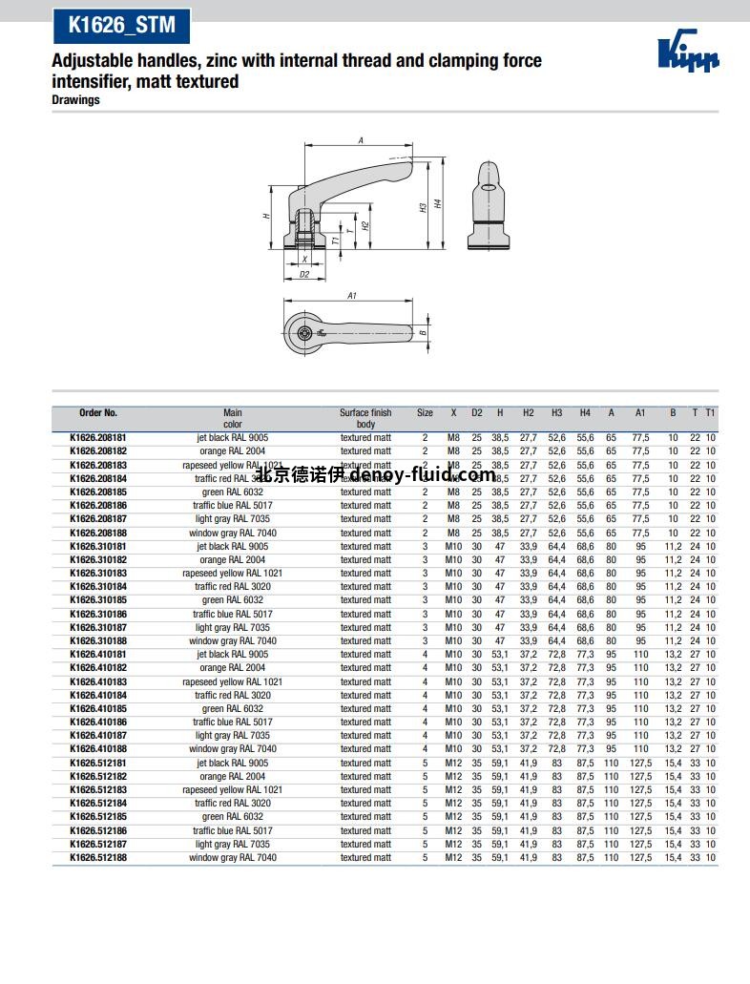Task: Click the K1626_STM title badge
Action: tap(121, 28)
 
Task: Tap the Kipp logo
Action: tap(688, 53)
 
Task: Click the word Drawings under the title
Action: tap(75, 100)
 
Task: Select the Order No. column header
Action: tap(98, 413)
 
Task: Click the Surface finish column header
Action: tap(365, 418)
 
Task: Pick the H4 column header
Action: tap(585, 413)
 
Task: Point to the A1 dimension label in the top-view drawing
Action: tap(351, 296)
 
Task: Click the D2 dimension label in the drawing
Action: tap(304, 274)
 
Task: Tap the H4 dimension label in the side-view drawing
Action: tap(437, 203)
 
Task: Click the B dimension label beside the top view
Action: tap(422, 332)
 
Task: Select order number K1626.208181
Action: tap(98, 437)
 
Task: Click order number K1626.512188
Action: tap(98, 858)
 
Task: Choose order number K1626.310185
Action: tap(98, 600)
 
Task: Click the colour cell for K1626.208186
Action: tap(233, 506)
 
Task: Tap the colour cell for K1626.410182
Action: tap(233, 668)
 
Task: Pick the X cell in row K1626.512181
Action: tap(453, 764)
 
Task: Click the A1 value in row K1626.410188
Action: tap(640, 749)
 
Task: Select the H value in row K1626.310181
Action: tap(500, 547)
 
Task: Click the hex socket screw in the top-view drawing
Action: tap(303, 333)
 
